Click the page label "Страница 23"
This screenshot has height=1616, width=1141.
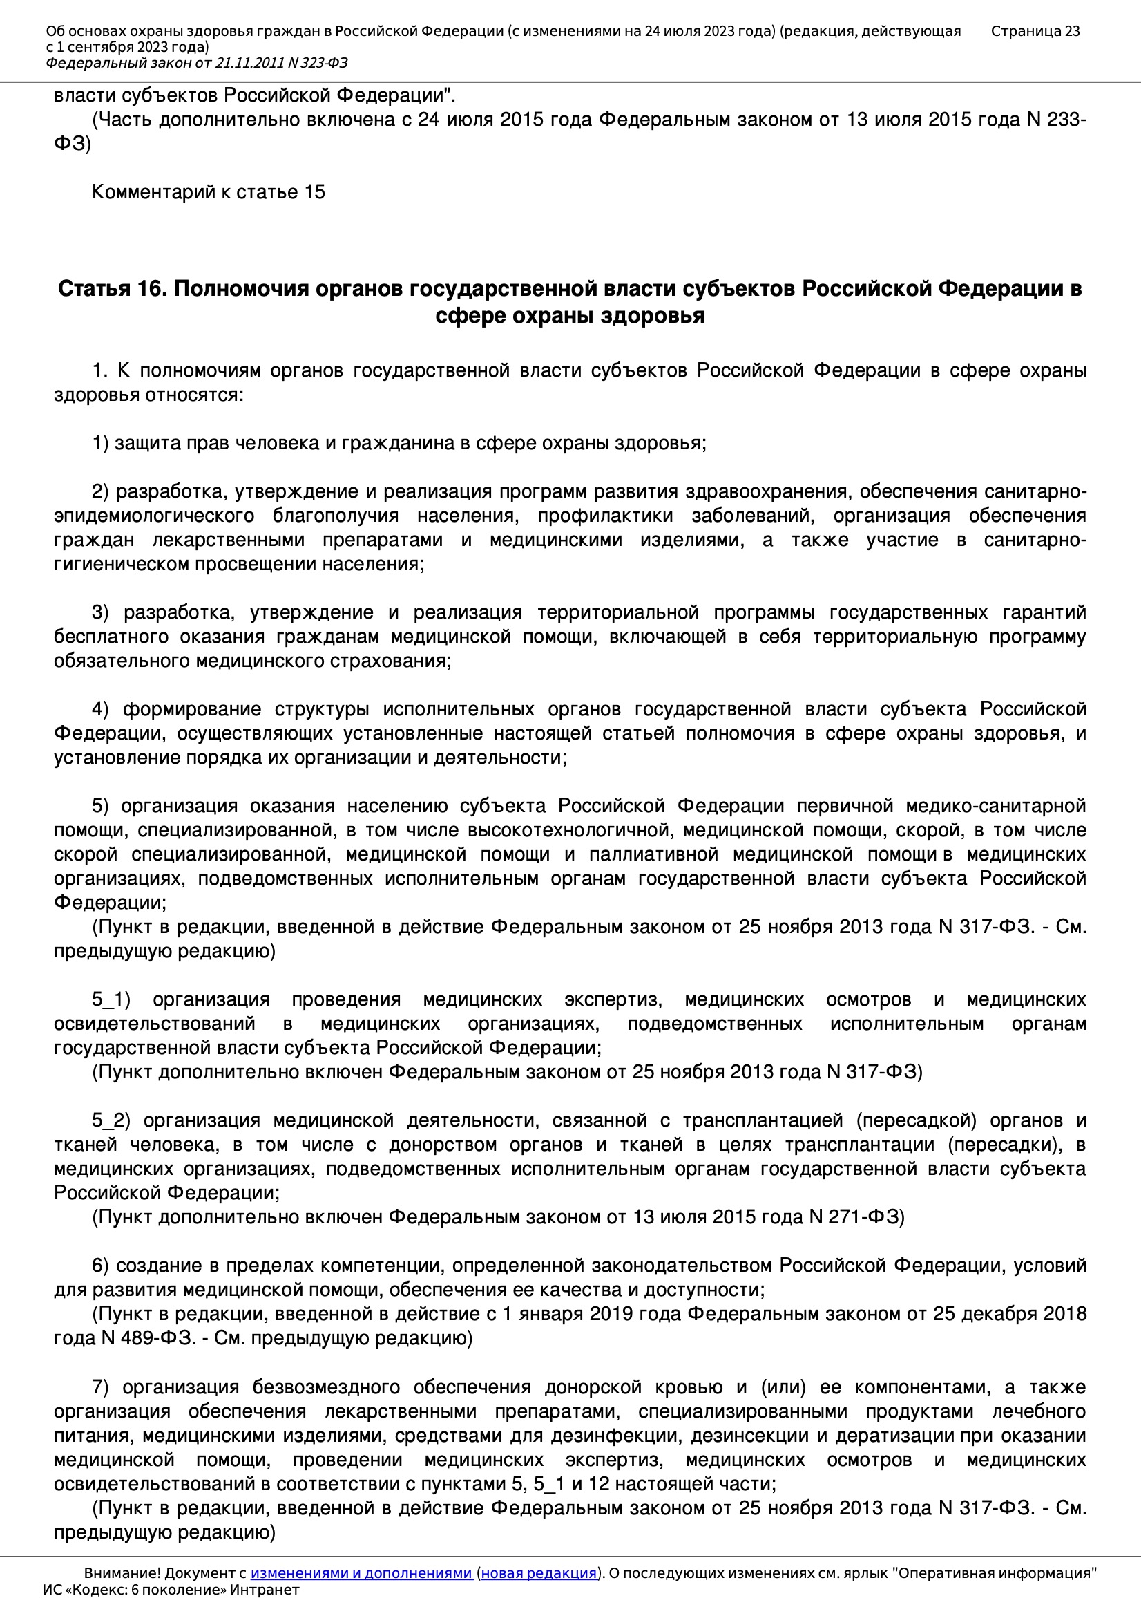tap(1034, 31)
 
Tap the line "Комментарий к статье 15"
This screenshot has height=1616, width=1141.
tap(208, 192)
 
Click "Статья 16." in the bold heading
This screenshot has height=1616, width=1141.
tap(112, 289)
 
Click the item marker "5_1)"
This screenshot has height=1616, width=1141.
tap(111, 999)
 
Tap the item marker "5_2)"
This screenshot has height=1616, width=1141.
tap(111, 1120)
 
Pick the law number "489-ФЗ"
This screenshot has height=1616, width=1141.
tap(148, 1338)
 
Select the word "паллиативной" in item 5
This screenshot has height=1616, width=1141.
tap(653, 854)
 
